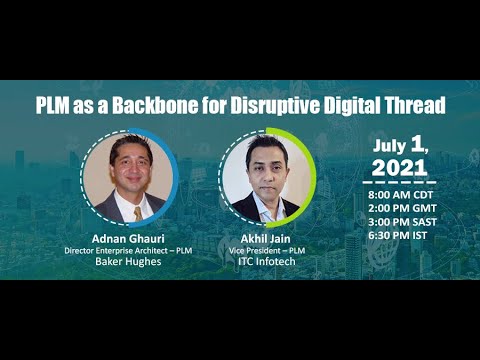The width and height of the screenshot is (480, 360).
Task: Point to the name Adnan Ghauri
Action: [129, 238]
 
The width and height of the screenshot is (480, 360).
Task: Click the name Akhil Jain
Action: [265, 238]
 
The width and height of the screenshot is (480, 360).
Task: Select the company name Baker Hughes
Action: [129, 263]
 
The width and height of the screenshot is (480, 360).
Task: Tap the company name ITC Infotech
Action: [265, 263]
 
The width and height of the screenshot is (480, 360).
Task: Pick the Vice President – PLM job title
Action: [265, 250]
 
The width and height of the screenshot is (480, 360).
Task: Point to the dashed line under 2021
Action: [405, 181]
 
